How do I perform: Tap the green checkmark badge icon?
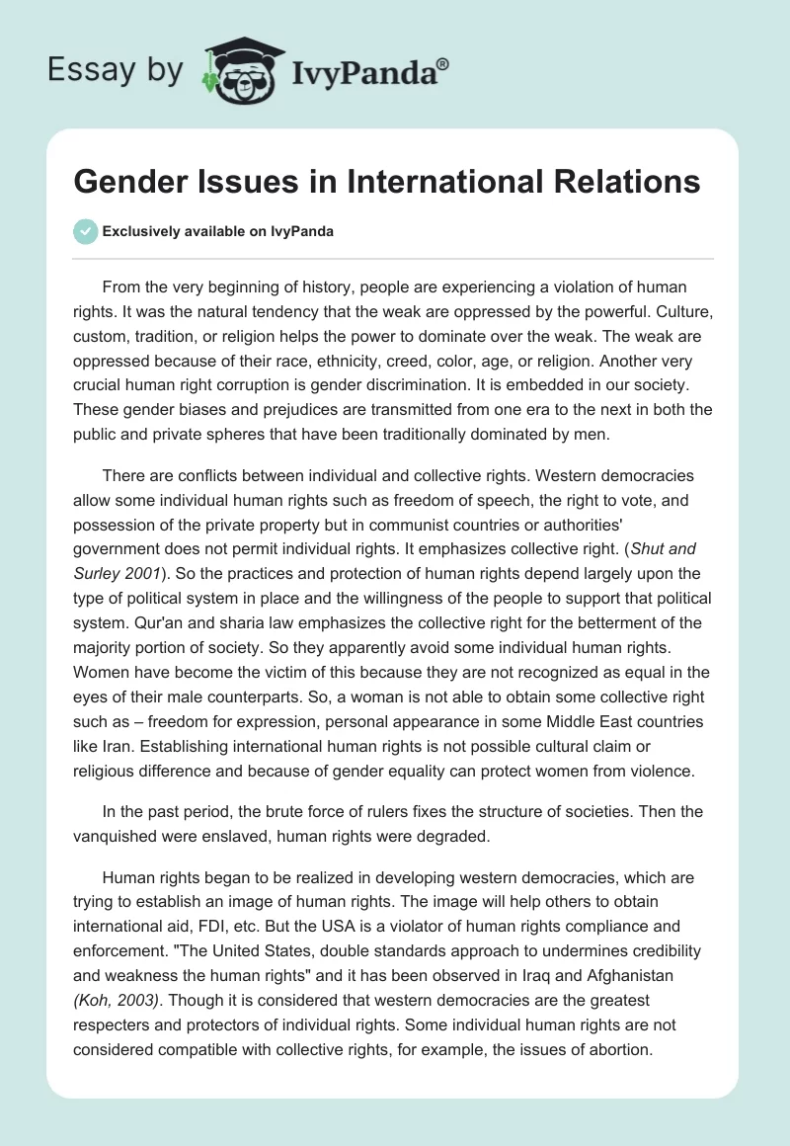click(86, 231)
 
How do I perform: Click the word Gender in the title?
click(130, 183)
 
